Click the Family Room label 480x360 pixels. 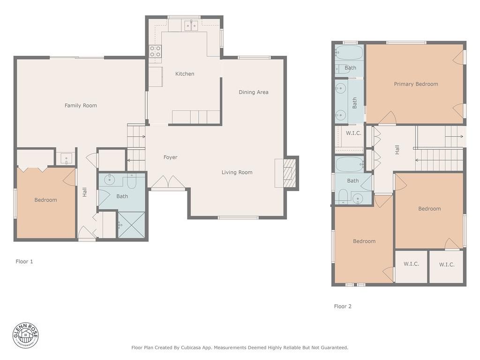coord(81,105)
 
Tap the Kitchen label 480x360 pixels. coord(185,74)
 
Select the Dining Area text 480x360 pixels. coord(254,92)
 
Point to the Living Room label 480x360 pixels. coord(237,172)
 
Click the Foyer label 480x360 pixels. coord(170,157)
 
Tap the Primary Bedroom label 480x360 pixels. coord(416,84)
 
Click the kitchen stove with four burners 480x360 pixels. coord(155,52)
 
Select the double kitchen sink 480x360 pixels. coord(191,26)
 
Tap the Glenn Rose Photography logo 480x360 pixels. coord(26,335)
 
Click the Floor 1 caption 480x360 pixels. coord(24,262)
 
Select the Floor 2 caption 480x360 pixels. coord(343,307)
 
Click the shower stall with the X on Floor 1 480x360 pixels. coord(131,225)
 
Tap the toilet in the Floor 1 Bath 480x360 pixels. coord(132,181)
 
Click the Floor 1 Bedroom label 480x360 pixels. coord(45,200)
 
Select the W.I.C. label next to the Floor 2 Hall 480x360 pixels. coord(353,133)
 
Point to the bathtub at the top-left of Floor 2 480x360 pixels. coord(349,52)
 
